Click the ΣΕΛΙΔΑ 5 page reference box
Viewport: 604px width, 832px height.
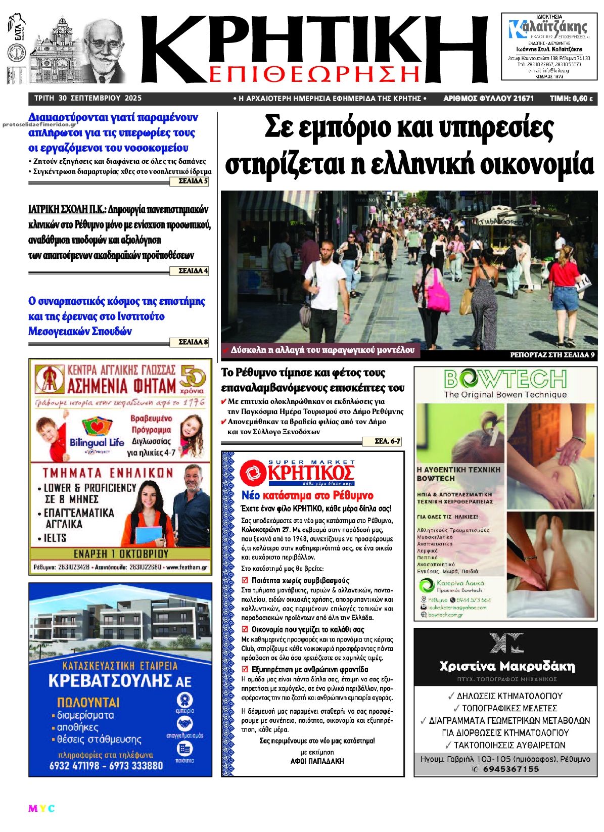pos(193,181)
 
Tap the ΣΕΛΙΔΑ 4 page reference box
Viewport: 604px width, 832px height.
pos(193,271)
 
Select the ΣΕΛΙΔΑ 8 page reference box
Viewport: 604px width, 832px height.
pos(193,342)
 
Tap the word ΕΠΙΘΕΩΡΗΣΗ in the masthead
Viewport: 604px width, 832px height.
pos(313,74)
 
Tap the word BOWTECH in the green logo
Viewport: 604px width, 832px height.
pos(505,380)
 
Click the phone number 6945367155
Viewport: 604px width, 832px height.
pos(510,769)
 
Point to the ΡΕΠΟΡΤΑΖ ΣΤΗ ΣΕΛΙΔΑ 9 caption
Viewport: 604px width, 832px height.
pos(552,355)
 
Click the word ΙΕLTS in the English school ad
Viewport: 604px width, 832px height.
pos(55,538)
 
